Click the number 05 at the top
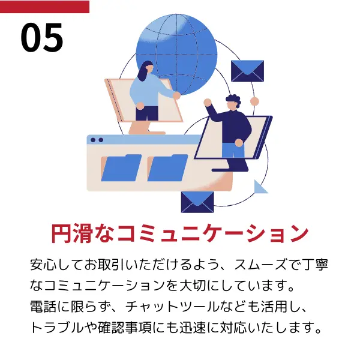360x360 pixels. point(42,37)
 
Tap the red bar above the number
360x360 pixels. point(44,7)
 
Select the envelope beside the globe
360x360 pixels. point(247,71)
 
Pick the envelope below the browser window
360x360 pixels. point(197,202)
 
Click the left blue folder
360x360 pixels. point(121,168)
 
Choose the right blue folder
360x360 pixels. point(167,168)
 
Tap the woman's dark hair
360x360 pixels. point(144,71)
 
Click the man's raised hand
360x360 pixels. point(208,103)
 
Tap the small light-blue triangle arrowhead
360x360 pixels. point(260,187)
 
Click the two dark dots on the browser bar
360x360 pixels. point(97,140)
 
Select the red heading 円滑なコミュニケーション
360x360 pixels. point(180,233)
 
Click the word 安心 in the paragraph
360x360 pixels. point(44,265)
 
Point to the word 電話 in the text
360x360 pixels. point(44,307)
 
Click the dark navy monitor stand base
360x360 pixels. point(230,169)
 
